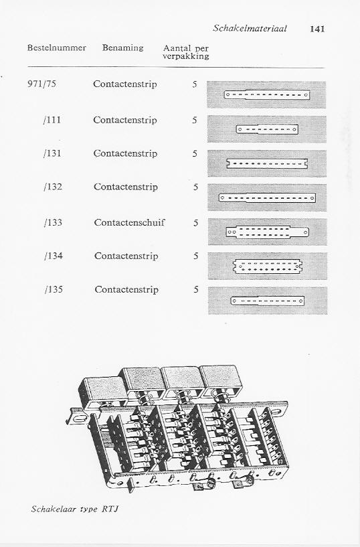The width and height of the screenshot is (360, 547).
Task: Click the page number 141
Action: click(317, 29)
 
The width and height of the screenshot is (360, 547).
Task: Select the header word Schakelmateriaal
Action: click(250, 28)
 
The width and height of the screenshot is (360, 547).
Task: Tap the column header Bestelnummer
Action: click(56, 48)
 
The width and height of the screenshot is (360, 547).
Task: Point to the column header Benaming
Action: click(122, 48)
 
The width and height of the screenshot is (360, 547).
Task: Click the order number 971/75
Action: click(41, 84)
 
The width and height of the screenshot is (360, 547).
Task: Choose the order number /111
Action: click(52, 120)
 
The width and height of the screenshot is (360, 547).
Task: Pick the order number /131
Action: click(52, 153)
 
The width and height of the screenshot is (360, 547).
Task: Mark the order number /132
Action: click(53, 187)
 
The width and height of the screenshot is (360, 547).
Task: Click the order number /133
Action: click(53, 222)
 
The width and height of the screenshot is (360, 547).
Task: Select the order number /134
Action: click(54, 256)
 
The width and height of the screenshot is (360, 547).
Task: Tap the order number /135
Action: click(54, 289)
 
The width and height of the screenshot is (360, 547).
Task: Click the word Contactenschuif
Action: click(129, 222)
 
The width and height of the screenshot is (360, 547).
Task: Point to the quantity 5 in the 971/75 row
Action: click(195, 84)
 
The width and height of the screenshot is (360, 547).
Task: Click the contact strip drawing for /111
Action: click(267, 129)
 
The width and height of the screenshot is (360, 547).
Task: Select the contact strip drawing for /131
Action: click(267, 163)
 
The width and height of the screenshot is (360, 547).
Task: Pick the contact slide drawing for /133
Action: click(267, 232)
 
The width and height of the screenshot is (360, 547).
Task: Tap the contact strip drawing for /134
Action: click(267, 266)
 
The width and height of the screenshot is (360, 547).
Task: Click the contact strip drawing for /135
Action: click(267, 301)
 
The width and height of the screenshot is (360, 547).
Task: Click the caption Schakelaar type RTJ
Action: click(74, 509)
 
